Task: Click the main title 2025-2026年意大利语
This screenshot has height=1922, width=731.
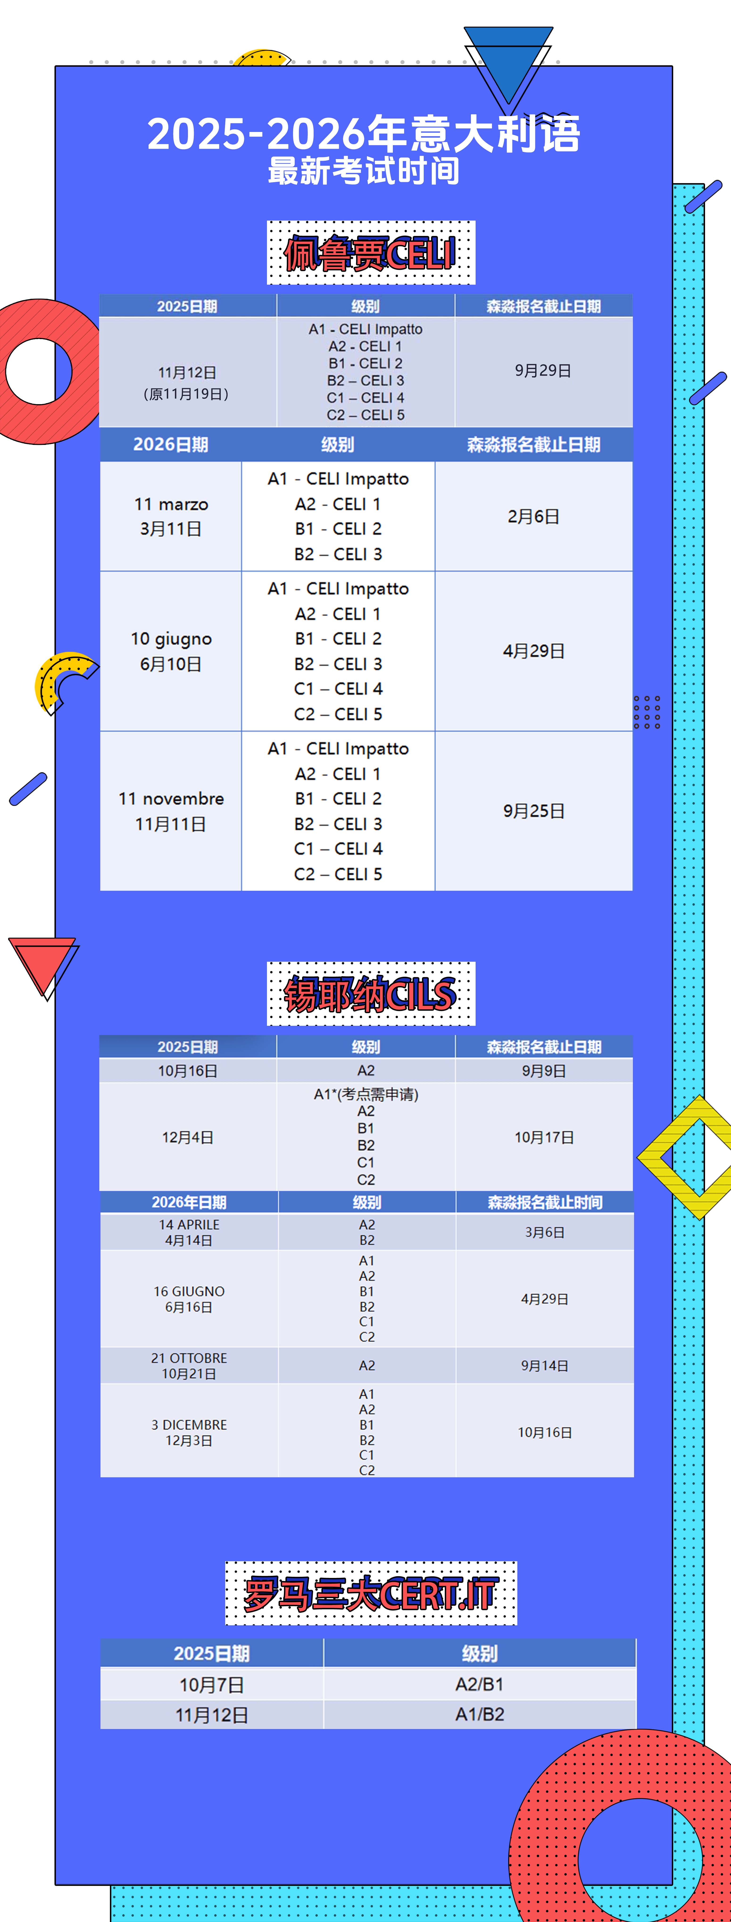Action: coord(364,134)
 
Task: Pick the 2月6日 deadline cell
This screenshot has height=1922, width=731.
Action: coord(533,516)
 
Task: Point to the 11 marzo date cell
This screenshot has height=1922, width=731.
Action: coord(171,516)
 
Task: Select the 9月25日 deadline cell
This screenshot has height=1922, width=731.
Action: coord(533,811)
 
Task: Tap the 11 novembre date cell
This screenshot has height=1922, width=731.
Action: coord(171,811)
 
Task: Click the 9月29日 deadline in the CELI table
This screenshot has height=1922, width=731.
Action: coord(543,371)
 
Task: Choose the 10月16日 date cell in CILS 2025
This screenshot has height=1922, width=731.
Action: coord(187,1071)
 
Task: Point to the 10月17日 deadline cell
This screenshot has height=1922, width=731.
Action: coord(544,1137)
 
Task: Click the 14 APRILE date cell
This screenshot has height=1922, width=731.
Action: coord(189,1232)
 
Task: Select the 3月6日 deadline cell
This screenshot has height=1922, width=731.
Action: coord(544,1232)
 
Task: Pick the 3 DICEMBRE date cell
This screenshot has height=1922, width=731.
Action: coord(189,1432)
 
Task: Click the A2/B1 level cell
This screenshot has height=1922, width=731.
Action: coord(479,1684)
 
